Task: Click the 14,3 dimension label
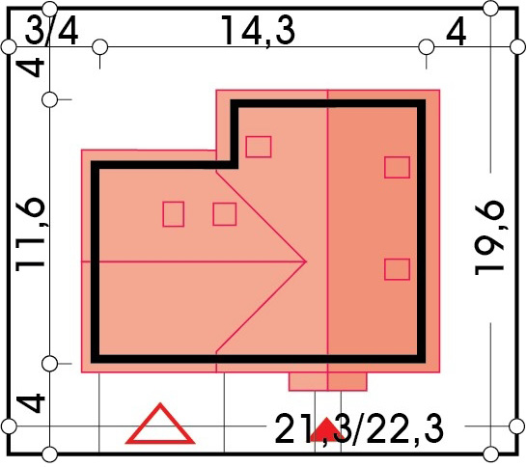coord(258,32)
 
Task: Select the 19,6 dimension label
coord(489,238)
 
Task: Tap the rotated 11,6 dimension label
coord(30,232)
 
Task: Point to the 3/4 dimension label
coord(52,32)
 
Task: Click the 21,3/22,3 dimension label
coord(359,429)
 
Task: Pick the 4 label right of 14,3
coord(457,31)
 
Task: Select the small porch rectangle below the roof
coord(328,382)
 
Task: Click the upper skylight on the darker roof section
coord(397,167)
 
